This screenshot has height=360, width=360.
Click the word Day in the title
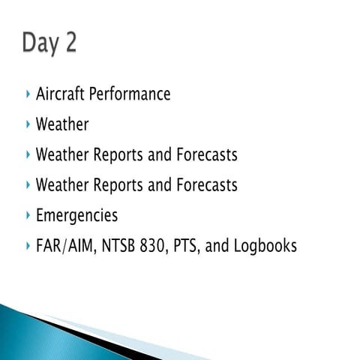coord(41,43)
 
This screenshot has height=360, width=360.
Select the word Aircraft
coord(60,94)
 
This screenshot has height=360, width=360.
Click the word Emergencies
coord(76,215)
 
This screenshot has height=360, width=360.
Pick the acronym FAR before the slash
coord(47,245)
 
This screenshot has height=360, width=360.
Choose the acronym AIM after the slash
coord(77,245)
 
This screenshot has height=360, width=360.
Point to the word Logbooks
coord(263,246)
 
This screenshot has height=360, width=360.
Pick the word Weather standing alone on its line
coord(61,124)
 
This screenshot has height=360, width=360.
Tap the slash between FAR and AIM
coord(61,245)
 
